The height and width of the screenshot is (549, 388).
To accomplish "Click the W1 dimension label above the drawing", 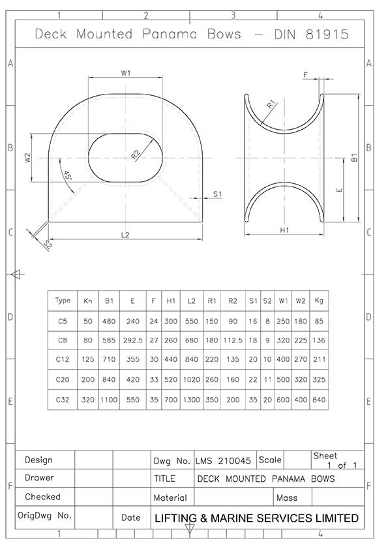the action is (126, 73).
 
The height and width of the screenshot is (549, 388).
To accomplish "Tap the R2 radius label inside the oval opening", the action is (136, 154).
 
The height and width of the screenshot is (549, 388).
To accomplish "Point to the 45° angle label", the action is (67, 175).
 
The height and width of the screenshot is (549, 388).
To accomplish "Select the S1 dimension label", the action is (217, 194).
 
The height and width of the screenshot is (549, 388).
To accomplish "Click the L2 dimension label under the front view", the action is (125, 235).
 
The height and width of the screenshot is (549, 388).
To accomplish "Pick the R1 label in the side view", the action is (271, 104).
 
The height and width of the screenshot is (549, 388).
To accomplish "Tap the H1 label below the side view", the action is (284, 230).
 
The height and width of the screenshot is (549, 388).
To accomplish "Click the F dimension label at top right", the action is (305, 74).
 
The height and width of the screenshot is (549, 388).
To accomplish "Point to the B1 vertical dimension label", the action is (354, 158).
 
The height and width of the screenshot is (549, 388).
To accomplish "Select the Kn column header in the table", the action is (88, 301).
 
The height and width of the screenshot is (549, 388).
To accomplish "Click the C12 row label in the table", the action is (63, 359).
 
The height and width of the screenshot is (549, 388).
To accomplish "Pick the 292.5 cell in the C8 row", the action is (133, 340).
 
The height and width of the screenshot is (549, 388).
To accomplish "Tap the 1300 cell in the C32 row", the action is (192, 400).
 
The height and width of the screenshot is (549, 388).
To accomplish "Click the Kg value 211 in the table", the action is (319, 359).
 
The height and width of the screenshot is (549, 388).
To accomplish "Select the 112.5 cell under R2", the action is (233, 340).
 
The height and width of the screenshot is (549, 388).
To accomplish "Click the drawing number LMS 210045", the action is (223, 461).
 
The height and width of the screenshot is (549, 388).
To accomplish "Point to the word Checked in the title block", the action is (42, 496).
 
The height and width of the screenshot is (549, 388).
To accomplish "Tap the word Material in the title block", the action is (170, 497).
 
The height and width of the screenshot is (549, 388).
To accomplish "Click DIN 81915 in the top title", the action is (311, 34).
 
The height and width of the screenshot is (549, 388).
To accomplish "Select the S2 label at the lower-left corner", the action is (48, 244).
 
